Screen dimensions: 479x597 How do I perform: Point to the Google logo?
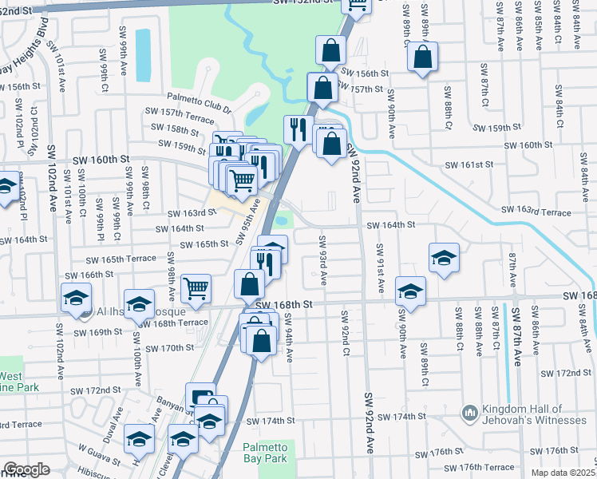point(26,469)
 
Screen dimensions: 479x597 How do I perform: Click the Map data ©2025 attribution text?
point(563,473)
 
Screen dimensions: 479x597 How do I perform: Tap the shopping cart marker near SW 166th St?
point(196,287)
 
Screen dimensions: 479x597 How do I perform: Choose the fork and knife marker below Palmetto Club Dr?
point(298,129)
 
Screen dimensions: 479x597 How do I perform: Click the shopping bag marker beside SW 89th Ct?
point(422,57)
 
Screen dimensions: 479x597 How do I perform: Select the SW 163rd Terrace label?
point(536,212)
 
